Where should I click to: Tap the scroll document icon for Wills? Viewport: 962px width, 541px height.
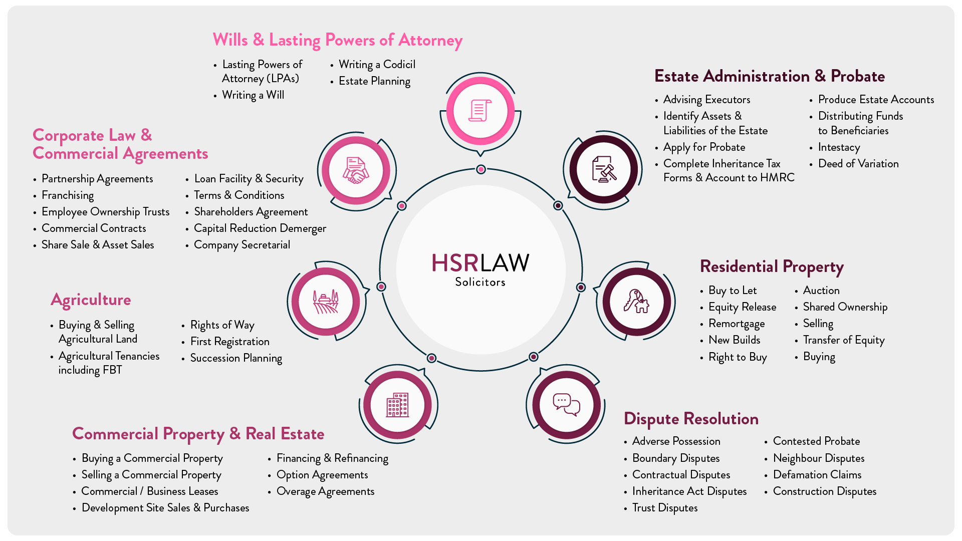(x=480, y=111)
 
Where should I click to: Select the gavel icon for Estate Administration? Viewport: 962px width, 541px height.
(x=604, y=169)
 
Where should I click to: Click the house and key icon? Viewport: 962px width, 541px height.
(x=636, y=302)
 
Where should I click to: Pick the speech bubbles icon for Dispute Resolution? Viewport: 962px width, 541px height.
(x=566, y=405)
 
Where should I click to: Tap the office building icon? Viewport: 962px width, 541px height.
(x=397, y=405)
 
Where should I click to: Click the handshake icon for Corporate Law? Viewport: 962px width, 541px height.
(x=356, y=170)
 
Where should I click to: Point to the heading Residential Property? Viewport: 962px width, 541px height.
(x=772, y=267)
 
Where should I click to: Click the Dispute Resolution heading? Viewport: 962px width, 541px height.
(x=691, y=419)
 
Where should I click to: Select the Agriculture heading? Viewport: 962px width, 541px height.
(x=91, y=300)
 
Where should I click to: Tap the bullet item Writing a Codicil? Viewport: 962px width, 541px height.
(x=377, y=65)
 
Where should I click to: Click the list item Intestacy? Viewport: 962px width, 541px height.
(x=839, y=147)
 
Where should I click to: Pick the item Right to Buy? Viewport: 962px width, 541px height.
(x=738, y=357)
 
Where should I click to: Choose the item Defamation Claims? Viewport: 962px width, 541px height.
(x=817, y=474)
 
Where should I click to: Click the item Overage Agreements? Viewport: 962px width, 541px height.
(x=325, y=491)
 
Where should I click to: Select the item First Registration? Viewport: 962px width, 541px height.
(x=230, y=342)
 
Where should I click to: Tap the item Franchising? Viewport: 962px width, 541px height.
(x=68, y=195)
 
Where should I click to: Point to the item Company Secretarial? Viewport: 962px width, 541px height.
(x=242, y=245)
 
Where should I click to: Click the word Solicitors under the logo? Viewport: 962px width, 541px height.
(x=480, y=282)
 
